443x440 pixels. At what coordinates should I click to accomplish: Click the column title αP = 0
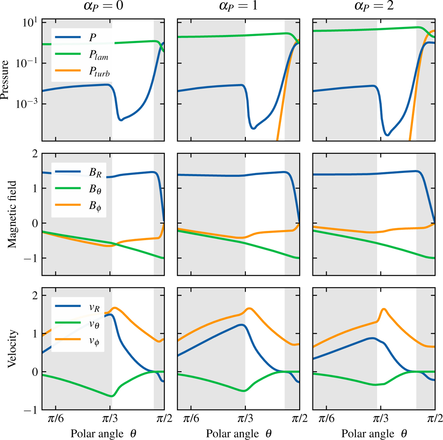coord(103,7)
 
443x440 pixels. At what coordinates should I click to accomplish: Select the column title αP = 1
coord(238,7)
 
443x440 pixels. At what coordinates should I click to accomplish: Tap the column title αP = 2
coord(374,7)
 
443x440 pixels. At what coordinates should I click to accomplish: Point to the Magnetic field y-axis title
coord(13,214)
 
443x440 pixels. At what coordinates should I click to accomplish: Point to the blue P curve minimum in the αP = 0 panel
coord(121,119)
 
